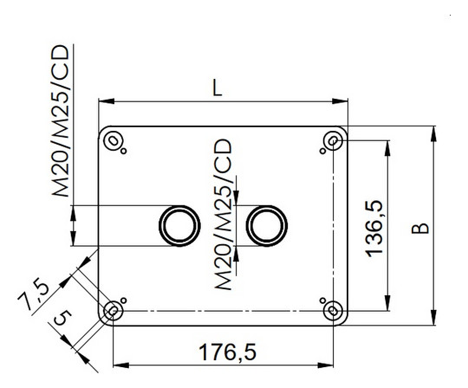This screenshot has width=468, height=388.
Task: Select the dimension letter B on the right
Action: coord(419,227)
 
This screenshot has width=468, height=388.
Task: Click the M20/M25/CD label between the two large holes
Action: coord(223,217)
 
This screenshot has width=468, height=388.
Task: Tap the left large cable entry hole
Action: coord(178,225)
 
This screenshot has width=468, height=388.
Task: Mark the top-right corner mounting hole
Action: coord(331,140)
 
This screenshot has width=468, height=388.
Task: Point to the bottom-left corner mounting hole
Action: coord(113,310)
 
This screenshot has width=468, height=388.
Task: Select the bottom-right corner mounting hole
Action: coord(331,310)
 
